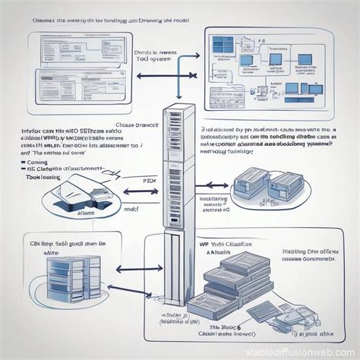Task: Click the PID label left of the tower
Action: [149, 182]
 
